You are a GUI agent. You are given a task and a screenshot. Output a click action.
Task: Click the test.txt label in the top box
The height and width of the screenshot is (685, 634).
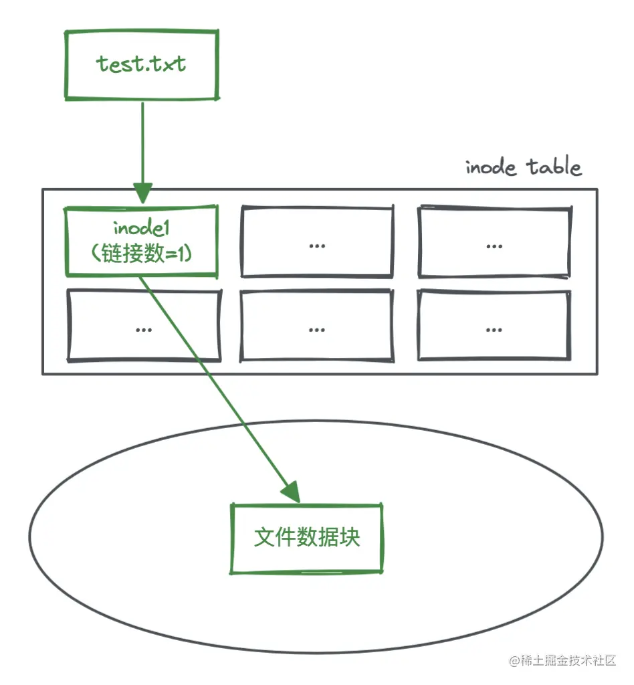pyautogui.click(x=141, y=64)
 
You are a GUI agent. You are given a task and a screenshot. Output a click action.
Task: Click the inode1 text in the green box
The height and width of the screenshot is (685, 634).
pyautogui.click(x=141, y=230)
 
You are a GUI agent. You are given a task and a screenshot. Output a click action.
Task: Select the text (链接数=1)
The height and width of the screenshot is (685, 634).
pyautogui.click(x=141, y=254)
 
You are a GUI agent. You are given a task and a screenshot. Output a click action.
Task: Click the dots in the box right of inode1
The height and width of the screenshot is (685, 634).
pyautogui.click(x=317, y=246)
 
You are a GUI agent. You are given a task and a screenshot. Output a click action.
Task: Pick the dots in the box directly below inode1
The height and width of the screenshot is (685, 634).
pyautogui.click(x=142, y=329)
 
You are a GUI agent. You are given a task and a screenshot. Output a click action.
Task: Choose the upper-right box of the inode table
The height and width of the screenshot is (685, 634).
pyautogui.click(x=494, y=241)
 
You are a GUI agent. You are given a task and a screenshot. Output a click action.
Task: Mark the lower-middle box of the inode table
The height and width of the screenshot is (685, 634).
pyautogui.click(x=317, y=325)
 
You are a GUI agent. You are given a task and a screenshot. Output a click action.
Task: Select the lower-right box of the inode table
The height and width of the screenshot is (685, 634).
pyautogui.click(x=494, y=325)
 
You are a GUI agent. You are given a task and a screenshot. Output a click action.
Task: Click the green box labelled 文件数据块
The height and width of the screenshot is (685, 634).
pyautogui.click(x=307, y=539)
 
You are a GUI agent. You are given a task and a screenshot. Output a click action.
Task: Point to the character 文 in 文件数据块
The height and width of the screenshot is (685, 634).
pyautogui.click(x=265, y=538)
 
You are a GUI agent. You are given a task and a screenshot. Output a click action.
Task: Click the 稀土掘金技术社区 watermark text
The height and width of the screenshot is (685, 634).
pyautogui.click(x=568, y=661)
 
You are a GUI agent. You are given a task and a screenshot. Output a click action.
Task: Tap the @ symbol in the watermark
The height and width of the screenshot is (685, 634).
pyautogui.click(x=514, y=662)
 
